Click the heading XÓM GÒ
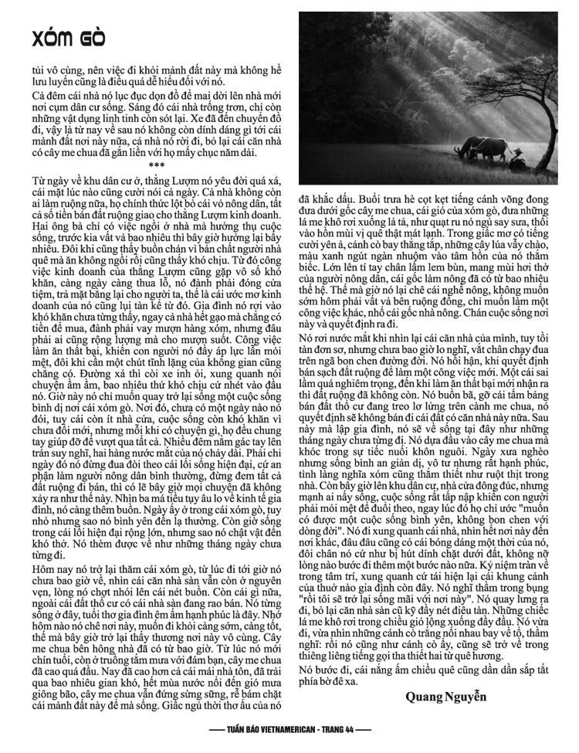[x=65, y=38]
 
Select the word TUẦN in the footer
[x=226, y=730]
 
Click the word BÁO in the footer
[x=247, y=730]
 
